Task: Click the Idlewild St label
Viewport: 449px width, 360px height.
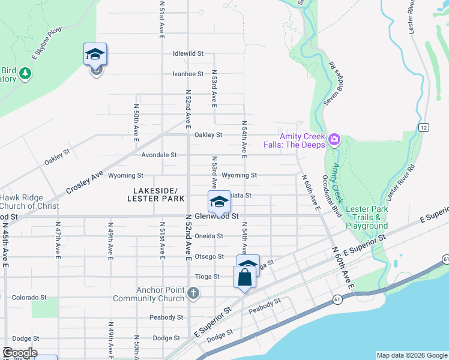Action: click(x=188, y=53)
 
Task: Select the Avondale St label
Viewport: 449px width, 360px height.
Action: click(x=159, y=155)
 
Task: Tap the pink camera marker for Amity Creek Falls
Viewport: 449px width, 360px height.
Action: click(x=334, y=140)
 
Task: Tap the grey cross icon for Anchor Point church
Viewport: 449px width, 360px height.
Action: click(x=193, y=293)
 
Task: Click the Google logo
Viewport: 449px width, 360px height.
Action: click(x=20, y=353)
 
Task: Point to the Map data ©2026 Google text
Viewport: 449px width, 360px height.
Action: click(x=411, y=355)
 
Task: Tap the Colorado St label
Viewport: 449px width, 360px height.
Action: click(x=29, y=297)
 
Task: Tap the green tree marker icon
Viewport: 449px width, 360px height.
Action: click(x=25, y=73)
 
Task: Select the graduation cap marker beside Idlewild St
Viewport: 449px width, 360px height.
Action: click(x=95, y=55)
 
